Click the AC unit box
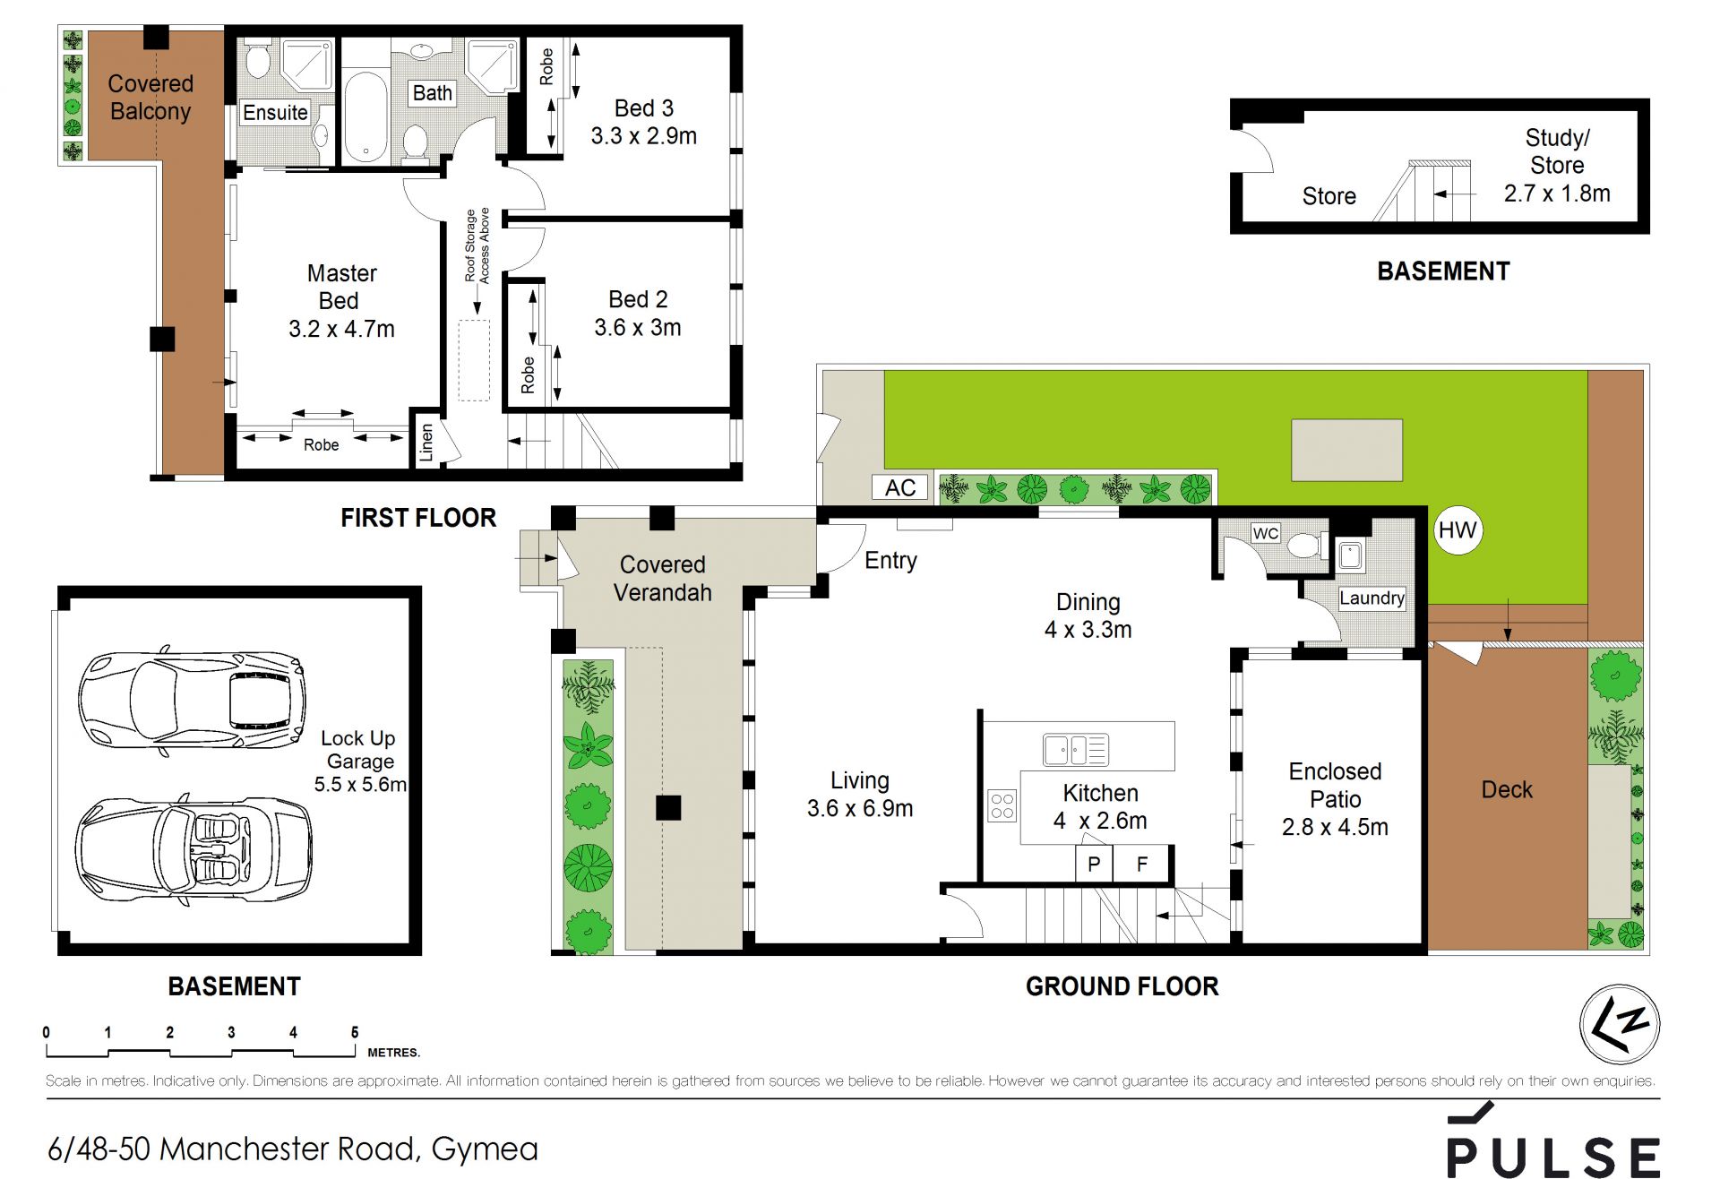(x=900, y=487)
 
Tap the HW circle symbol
(x=1458, y=530)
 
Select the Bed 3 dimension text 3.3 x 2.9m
(x=643, y=136)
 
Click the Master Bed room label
(x=341, y=287)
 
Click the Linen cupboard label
(x=427, y=443)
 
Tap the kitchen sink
(x=1076, y=749)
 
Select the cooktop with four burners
(x=1002, y=806)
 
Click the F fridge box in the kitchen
(x=1141, y=865)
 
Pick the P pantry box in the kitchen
(x=1094, y=865)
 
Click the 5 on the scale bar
(x=355, y=1032)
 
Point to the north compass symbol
(x=1620, y=1024)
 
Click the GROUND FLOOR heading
(x=1122, y=986)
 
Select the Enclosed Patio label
(x=1335, y=785)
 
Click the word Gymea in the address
(x=485, y=1149)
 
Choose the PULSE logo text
(x=1552, y=1157)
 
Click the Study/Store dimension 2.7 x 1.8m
(x=1557, y=194)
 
